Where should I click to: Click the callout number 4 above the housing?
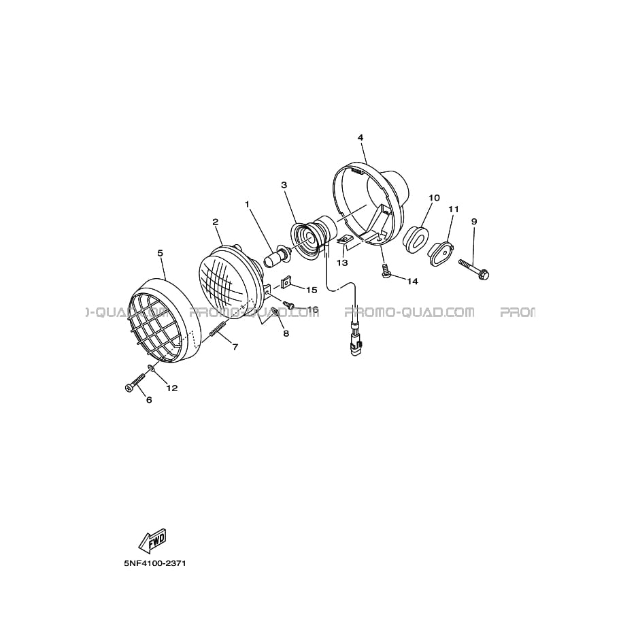point(360,137)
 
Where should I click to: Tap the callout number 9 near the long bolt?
point(474,221)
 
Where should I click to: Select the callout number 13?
point(342,263)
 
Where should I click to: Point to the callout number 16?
point(313,309)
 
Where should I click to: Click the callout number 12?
point(172,388)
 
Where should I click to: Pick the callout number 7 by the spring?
point(235,347)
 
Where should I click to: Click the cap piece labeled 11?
point(440,252)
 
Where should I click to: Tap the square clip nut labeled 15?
point(286,282)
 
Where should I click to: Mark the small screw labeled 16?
point(288,304)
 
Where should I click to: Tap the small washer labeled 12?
point(151,369)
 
